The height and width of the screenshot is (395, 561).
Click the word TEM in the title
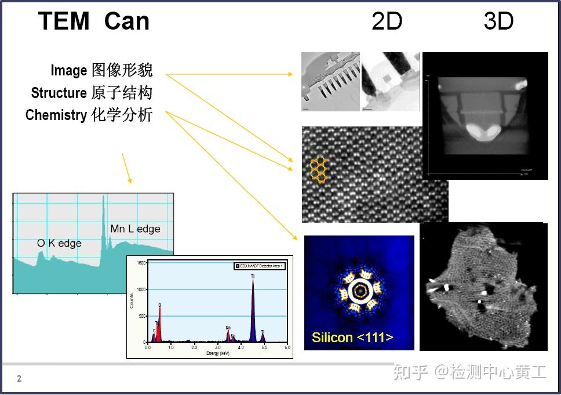(x=64, y=21)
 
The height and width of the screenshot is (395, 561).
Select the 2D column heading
(x=387, y=21)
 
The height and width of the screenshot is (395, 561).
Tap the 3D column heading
(x=498, y=21)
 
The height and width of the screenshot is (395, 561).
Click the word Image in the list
(x=68, y=71)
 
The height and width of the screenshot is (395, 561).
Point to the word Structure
(x=59, y=93)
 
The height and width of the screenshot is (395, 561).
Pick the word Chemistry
(x=56, y=115)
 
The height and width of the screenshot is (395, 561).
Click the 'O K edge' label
(x=59, y=243)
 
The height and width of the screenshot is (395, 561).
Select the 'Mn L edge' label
(x=135, y=229)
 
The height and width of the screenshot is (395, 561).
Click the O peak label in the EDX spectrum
(x=160, y=305)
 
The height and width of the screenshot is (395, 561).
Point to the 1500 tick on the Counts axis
(x=141, y=263)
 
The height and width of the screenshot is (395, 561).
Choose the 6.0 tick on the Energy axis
(x=287, y=347)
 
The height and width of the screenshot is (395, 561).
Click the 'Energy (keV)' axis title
(x=218, y=353)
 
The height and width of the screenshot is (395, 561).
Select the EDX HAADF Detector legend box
(x=259, y=266)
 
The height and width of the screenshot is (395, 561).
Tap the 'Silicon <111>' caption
(x=352, y=338)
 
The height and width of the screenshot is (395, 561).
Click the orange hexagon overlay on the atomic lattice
(x=318, y=168)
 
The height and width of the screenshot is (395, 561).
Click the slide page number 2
(x=19, y=379)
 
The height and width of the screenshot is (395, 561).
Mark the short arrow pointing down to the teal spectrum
(x=126, y=168)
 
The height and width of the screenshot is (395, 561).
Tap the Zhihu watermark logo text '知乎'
(x=410, y=372)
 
